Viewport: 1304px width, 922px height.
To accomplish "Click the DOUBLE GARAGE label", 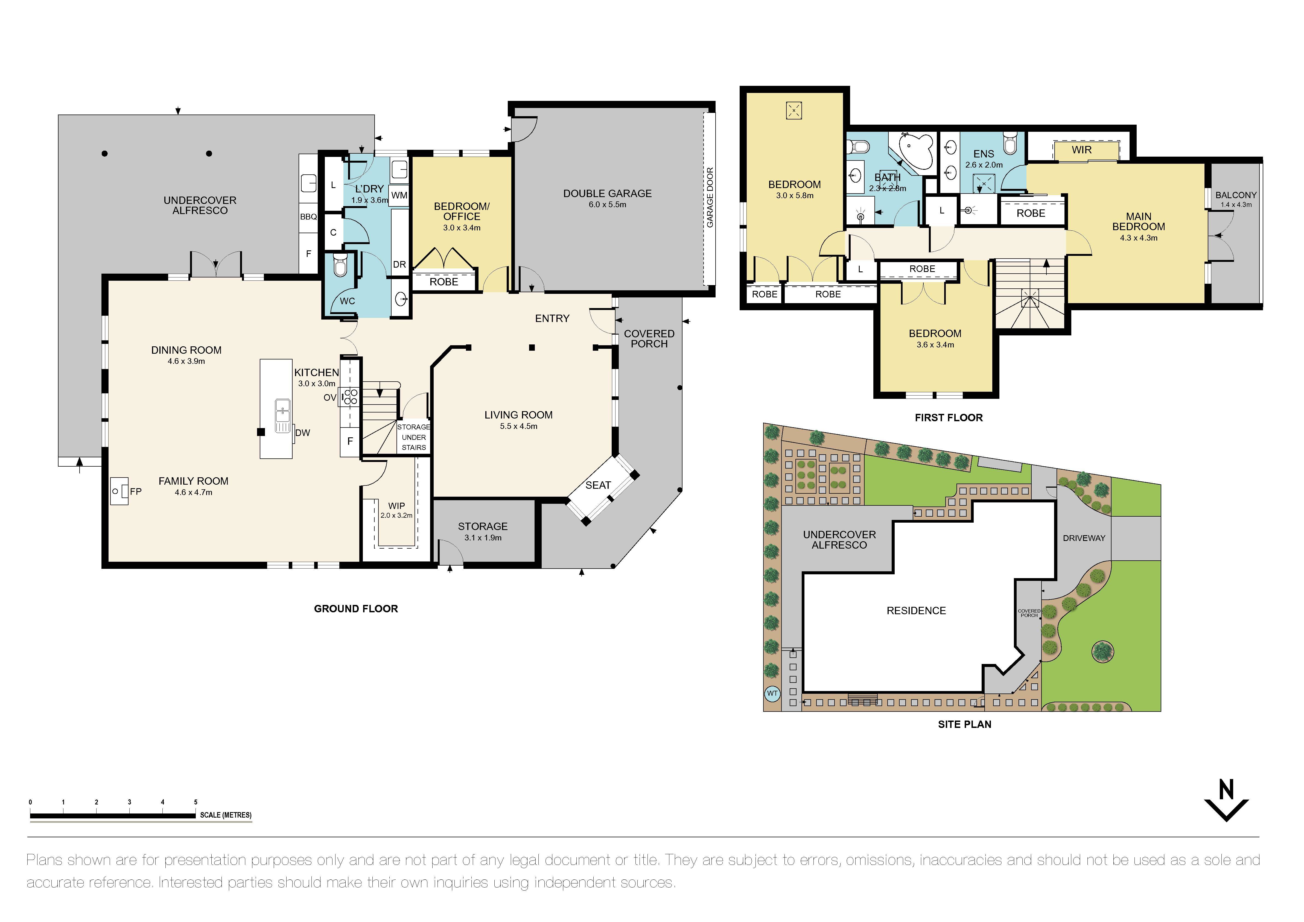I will [607, 194].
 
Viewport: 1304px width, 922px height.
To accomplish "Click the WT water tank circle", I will [772, 693].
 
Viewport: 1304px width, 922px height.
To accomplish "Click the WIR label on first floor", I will [1081, 150].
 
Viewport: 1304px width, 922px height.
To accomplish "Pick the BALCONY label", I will [1236, 195].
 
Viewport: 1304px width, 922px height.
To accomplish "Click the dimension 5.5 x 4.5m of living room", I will [518, 426].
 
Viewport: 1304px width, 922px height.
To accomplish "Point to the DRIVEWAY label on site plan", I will [1084, 538].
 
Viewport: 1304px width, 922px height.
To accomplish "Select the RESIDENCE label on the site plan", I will [916, 611].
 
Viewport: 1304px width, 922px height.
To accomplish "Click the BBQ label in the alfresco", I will [308, 217].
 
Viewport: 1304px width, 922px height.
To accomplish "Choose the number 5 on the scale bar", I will [196, 802].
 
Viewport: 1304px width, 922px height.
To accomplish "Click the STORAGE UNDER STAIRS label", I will [413, 437].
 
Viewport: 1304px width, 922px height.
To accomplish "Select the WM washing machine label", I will [399, 195].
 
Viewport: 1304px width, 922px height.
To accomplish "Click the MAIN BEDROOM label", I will [1138, 221].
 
